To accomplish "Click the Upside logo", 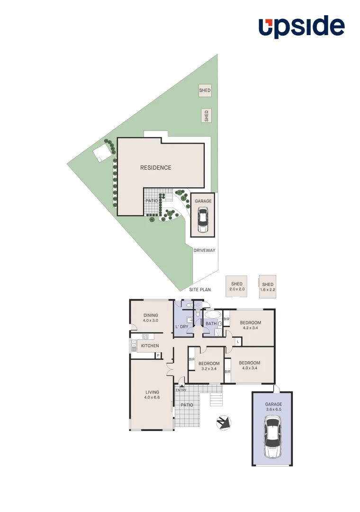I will [x=301, y=27].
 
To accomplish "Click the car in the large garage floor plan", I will [x=273, y=438].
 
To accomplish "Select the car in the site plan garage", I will [x=203, y=221].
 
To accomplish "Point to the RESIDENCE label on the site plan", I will [x=155, y=167].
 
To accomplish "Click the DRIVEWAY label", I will [x=204, y=250].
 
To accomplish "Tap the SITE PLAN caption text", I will [x=199, y=289].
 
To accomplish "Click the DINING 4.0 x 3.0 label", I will [x=151, y=318].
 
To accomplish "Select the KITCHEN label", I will [x=150, y=346].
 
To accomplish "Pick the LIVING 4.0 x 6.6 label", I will [x=152, y=394].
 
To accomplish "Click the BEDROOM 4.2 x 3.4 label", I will [x=250, y=326].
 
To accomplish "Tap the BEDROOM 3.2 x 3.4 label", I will [x=208, y=366].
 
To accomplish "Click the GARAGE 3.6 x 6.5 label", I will [x=273, y=407].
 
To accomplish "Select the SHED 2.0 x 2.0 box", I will [x=236, y=286].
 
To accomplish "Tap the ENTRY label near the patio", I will [x=181, y=390].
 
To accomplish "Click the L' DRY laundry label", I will [x=182, y=327].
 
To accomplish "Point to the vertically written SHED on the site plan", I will [x=206, y=116].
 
